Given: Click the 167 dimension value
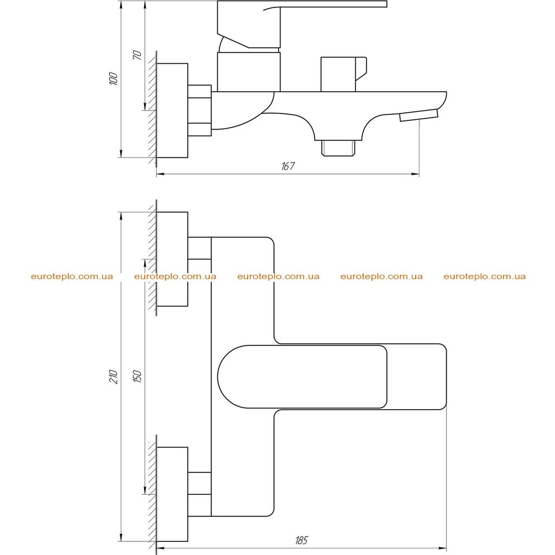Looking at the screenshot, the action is pos(288,166).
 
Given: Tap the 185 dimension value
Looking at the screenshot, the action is pos(301,540).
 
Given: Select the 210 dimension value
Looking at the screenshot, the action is pos(114,377).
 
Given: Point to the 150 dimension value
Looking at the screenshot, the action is pos(137,376).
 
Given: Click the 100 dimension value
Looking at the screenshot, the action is pos(114,78).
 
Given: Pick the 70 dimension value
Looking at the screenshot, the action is pos(137,55).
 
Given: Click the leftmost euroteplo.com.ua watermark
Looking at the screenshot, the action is pos(72,276).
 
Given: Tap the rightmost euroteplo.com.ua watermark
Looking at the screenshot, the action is pos(485,276).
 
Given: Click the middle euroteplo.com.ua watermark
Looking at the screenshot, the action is pos(278,276).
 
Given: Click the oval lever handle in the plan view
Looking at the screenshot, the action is pos(302,377).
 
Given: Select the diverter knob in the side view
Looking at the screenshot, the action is pos(343,74).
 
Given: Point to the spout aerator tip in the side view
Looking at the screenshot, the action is pos(419,115).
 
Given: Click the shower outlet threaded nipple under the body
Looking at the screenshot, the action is pos(338,148).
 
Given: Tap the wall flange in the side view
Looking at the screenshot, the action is pos(172,111).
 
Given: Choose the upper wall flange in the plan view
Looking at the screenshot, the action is pos(172,259).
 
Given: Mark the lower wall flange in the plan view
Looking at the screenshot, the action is pos(172,494).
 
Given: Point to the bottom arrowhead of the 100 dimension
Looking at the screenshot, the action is pos(121,153).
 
